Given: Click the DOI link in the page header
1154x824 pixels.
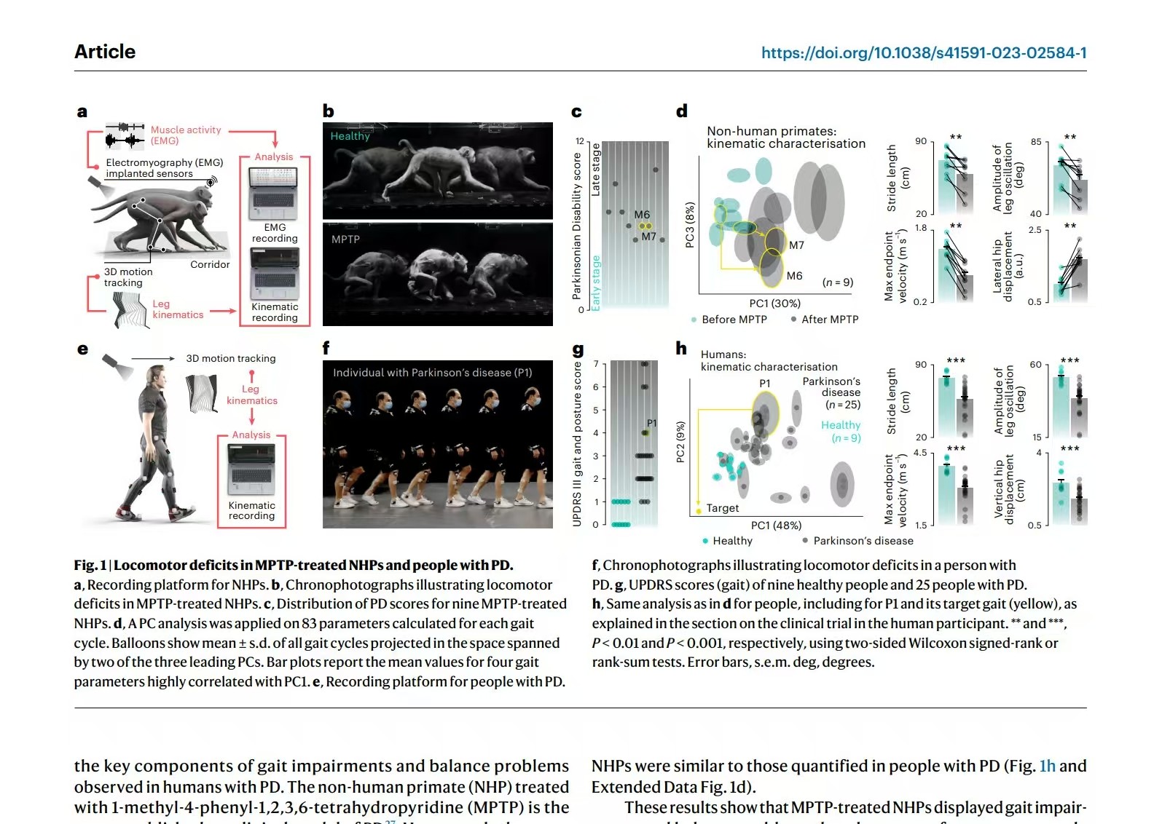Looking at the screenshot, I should click(923, 52).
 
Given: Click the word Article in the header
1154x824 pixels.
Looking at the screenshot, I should click(105, 52).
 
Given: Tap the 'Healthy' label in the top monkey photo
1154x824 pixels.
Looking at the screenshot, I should click(350, 136).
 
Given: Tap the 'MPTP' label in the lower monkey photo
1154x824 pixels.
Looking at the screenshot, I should click(345, 239).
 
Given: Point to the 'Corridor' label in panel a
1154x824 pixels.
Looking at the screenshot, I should click(210, 264).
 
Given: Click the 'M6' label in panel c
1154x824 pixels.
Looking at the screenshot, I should click(642, 214).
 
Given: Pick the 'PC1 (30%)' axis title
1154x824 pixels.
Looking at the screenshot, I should click(774, 303).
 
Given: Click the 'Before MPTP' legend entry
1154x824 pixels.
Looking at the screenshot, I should click(733, 320).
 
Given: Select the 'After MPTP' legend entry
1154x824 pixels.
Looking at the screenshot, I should click(829, 320).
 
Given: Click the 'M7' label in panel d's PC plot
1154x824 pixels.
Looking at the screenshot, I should click(796, 245).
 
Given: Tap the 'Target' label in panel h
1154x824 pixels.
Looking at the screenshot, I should click(722, 508).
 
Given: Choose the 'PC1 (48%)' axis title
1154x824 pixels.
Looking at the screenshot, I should click(776, 526).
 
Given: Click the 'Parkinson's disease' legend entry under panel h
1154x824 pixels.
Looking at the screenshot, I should click(863, 541).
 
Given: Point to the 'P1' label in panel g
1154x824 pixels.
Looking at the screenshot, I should click(652, 423).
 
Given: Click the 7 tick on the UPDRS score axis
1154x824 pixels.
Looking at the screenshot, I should click(596, 364).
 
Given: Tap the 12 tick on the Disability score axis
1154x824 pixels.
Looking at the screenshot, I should click(580, 141).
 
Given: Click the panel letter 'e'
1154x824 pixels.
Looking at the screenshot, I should click(82, 349).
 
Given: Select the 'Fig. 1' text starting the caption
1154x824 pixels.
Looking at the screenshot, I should click(90, 566).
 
